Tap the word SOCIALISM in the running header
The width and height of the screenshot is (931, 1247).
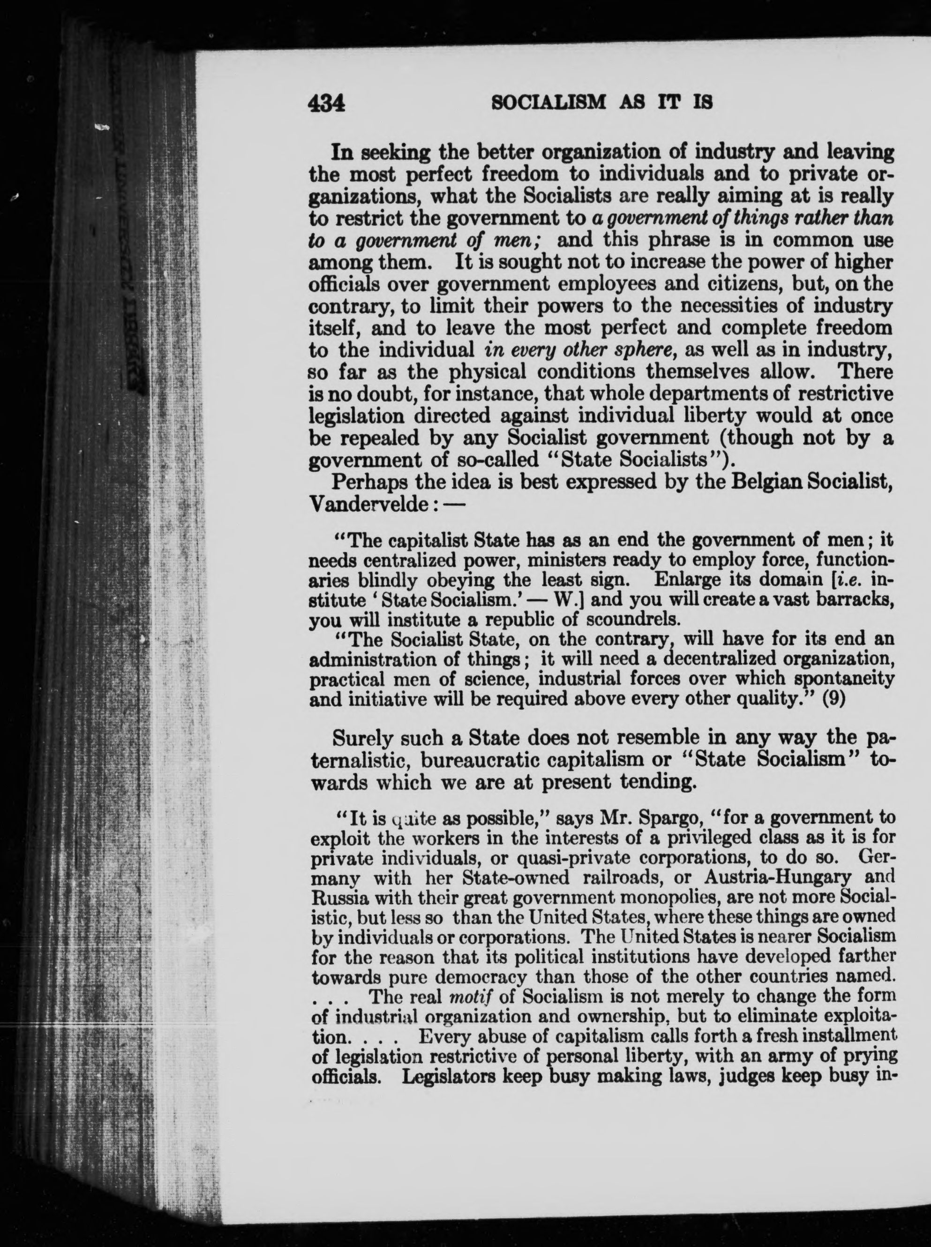[548, 103]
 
